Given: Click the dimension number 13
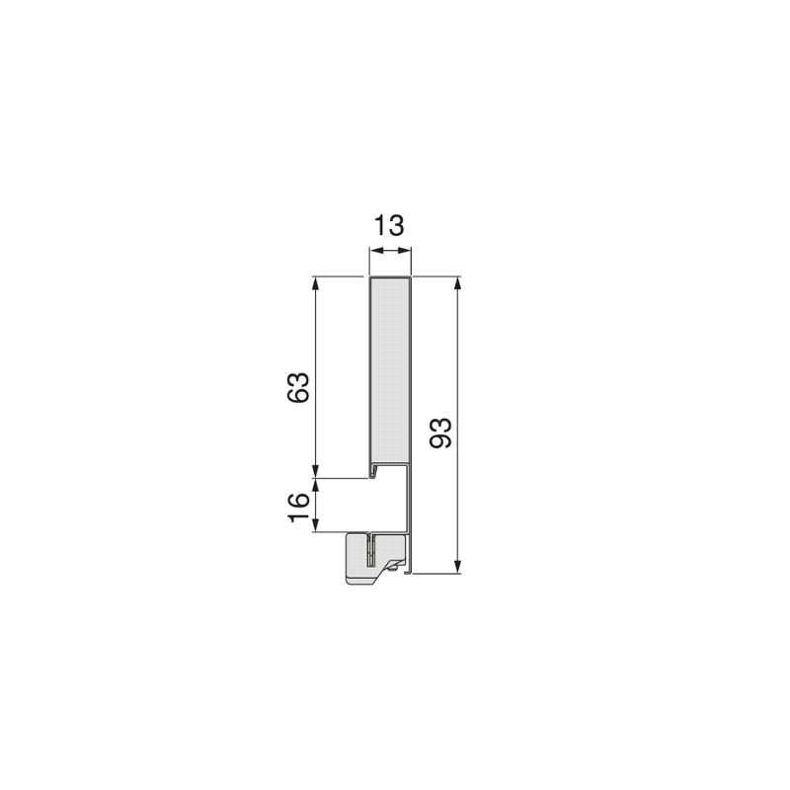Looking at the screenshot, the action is (388, 226).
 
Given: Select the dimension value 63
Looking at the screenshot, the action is (298, 387).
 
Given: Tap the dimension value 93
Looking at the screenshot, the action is (440, 433).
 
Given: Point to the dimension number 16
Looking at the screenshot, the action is (298, 508).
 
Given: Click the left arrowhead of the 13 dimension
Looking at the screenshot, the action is (375, 251).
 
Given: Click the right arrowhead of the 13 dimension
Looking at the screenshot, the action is (406, 251).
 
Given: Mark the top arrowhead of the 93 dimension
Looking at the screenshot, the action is (457, 282).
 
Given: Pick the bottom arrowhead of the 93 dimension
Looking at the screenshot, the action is (457, 567).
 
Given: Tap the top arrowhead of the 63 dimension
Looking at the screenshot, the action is (316, 282).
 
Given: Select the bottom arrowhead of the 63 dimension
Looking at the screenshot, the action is (316, 471).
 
